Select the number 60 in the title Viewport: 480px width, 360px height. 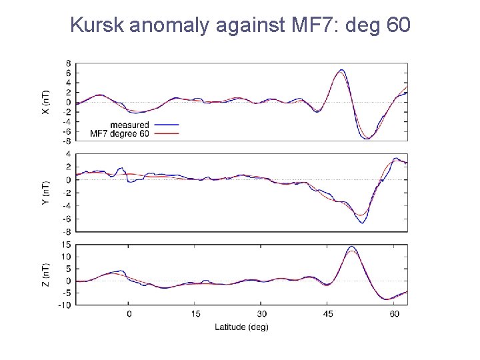(398, 26)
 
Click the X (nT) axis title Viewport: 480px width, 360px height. (45, 101)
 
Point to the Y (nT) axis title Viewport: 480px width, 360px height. (45, 193)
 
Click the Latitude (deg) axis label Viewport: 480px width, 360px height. (241, 327)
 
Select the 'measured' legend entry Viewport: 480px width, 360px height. (129, 125)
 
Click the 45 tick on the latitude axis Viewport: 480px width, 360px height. (328, 313)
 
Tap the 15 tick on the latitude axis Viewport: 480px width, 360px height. (195, 313)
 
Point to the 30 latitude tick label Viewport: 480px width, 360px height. (262, 313)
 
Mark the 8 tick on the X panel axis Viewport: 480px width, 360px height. (68, 63)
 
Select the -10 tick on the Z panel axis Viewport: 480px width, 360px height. (65, 305)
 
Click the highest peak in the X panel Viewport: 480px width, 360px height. (341, 70)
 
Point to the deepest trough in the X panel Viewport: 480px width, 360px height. (366, 139)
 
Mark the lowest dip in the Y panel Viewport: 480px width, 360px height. (362, 222)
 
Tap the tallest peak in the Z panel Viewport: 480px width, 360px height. (351, 247)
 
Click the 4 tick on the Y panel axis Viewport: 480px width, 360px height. (68, 154)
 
